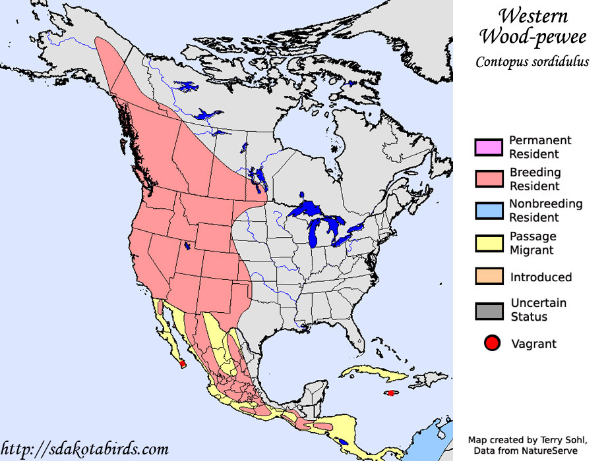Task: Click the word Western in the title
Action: pyautogui.click(x=532, y=16)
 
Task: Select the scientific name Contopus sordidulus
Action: pyautogui.click(x=532, y=63)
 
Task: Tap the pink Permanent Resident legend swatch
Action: pyautogui.click(x=489, y=147)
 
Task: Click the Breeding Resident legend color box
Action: pyautogui.click(x=489, y=179)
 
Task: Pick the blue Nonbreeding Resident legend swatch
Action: pyautogui.click(x=489, y=211)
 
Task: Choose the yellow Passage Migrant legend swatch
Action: pyautogui.click(x=489, y=243)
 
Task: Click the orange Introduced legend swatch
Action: pyautogui.click(x=489, y=277)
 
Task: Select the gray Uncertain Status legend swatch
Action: pyautogui.click(x=489, y=310)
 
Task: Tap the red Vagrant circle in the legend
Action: pyautogui.click(x=491, y=343)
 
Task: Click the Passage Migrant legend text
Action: pyautogui.click(x=533, y=243)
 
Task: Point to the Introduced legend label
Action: pyautogui.click(x=541, y=277)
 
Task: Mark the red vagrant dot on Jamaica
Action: pyautogui.click(x=391, y=393)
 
